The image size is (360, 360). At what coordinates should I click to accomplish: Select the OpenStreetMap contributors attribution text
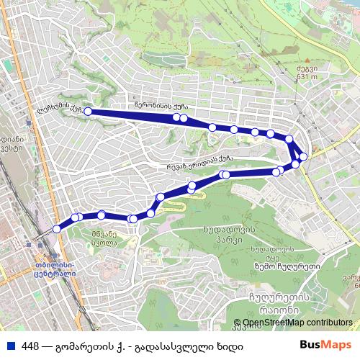(x=297, y=323)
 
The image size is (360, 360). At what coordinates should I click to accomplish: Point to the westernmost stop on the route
(x=57, y=228)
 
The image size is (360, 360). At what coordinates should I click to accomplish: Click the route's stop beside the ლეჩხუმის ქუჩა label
(x=88, y=112)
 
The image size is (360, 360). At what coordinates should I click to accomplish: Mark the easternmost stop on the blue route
(x=303, y=156)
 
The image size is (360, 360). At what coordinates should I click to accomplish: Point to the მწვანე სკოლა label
(x=104, y=238)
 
